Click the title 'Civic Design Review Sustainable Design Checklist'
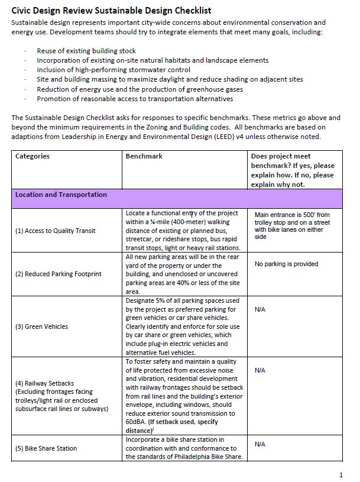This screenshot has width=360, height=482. (x=111, y=11)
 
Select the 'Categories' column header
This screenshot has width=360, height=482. (x=33, y=157)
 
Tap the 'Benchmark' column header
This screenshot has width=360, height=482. (x=144, y=157)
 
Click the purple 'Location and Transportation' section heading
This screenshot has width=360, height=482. (x=61, y=195)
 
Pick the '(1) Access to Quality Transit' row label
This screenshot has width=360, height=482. (x=55, y=231)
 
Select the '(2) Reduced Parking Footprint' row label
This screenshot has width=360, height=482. (x=59, y=274)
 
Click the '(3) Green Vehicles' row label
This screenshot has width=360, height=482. (x=42, y=326)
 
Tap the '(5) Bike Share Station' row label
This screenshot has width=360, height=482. (x=47, y=448)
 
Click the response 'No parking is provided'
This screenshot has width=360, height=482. (x=286, y=264)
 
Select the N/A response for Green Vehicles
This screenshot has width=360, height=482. (x=260, y=309)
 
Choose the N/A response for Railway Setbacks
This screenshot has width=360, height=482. (x=260, y=370)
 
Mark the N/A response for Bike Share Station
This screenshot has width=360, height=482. (x=260, y=444)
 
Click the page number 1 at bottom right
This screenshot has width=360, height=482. (x=341, y=475)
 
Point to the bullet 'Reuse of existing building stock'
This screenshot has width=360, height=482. (x=86, y=51)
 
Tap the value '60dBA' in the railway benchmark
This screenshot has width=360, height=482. (x=136, y=422)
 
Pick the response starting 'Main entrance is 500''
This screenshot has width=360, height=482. (x=292, y=225)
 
